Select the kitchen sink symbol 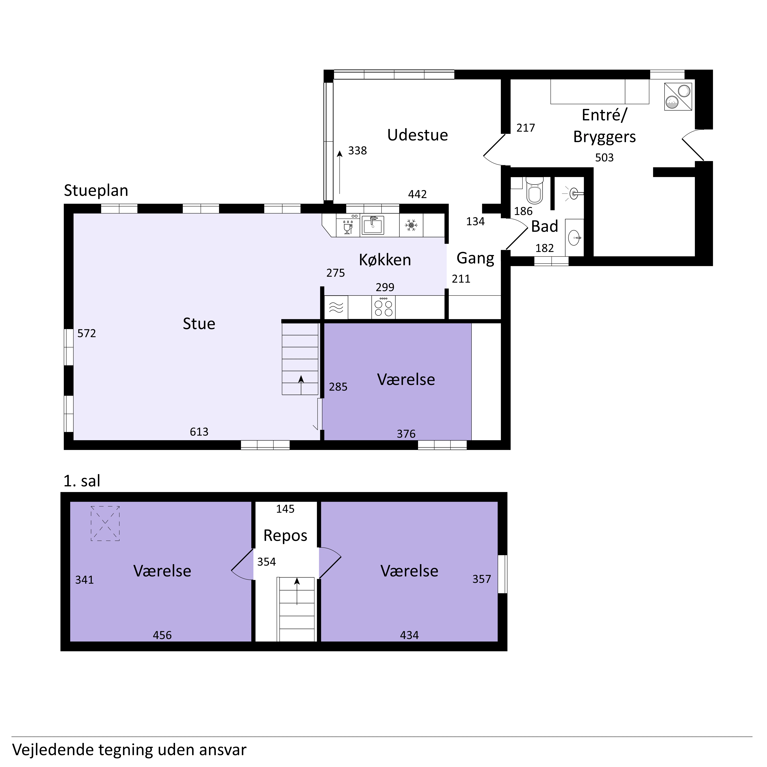(372, 225)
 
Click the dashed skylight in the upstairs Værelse (105, 523)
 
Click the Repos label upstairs (285, 535)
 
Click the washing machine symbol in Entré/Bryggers (678, 97)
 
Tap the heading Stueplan (96, 191)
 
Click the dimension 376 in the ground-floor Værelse (406, 434)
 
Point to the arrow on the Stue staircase (301, 385)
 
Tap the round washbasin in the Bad (574, 238)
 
